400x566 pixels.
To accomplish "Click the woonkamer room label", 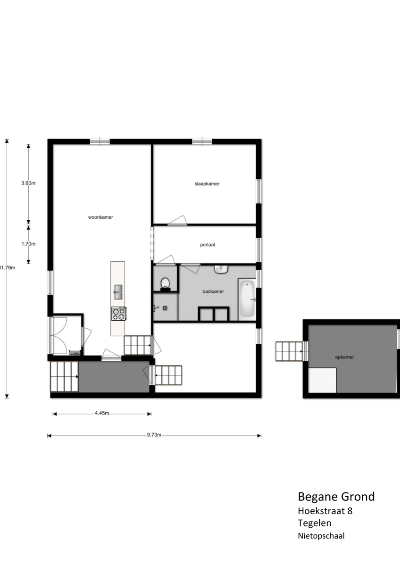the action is tap(100, 217).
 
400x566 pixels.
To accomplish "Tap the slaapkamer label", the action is tap(207, 183).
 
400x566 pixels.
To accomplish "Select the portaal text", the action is tap(208, 245).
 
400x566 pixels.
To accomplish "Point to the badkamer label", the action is tap(213, 291).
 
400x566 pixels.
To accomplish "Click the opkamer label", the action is tap(344, 357).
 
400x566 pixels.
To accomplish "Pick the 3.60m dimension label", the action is tap(28, 183).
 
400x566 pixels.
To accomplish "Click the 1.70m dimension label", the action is tap(28, 244).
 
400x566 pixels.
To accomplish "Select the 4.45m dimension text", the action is tap(102, 413).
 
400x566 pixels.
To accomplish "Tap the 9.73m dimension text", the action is tap(154, 434).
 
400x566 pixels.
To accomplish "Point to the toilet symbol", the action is tap(166, 284).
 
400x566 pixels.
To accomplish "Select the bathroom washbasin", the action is tap(221, 269).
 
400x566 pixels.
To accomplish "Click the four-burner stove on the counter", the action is tap(119, 313).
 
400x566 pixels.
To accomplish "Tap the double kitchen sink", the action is tap(118, 292).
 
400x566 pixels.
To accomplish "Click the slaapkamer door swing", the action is tap(177, 220).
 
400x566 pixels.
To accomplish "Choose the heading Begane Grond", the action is tap(336, 497).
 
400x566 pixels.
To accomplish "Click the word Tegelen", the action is tap(314, 523).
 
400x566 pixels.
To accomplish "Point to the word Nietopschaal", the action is tap(321, 536).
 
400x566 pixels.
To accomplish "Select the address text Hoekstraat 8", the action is tap(325, 511).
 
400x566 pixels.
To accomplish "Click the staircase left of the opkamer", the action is tap(289, 351).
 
